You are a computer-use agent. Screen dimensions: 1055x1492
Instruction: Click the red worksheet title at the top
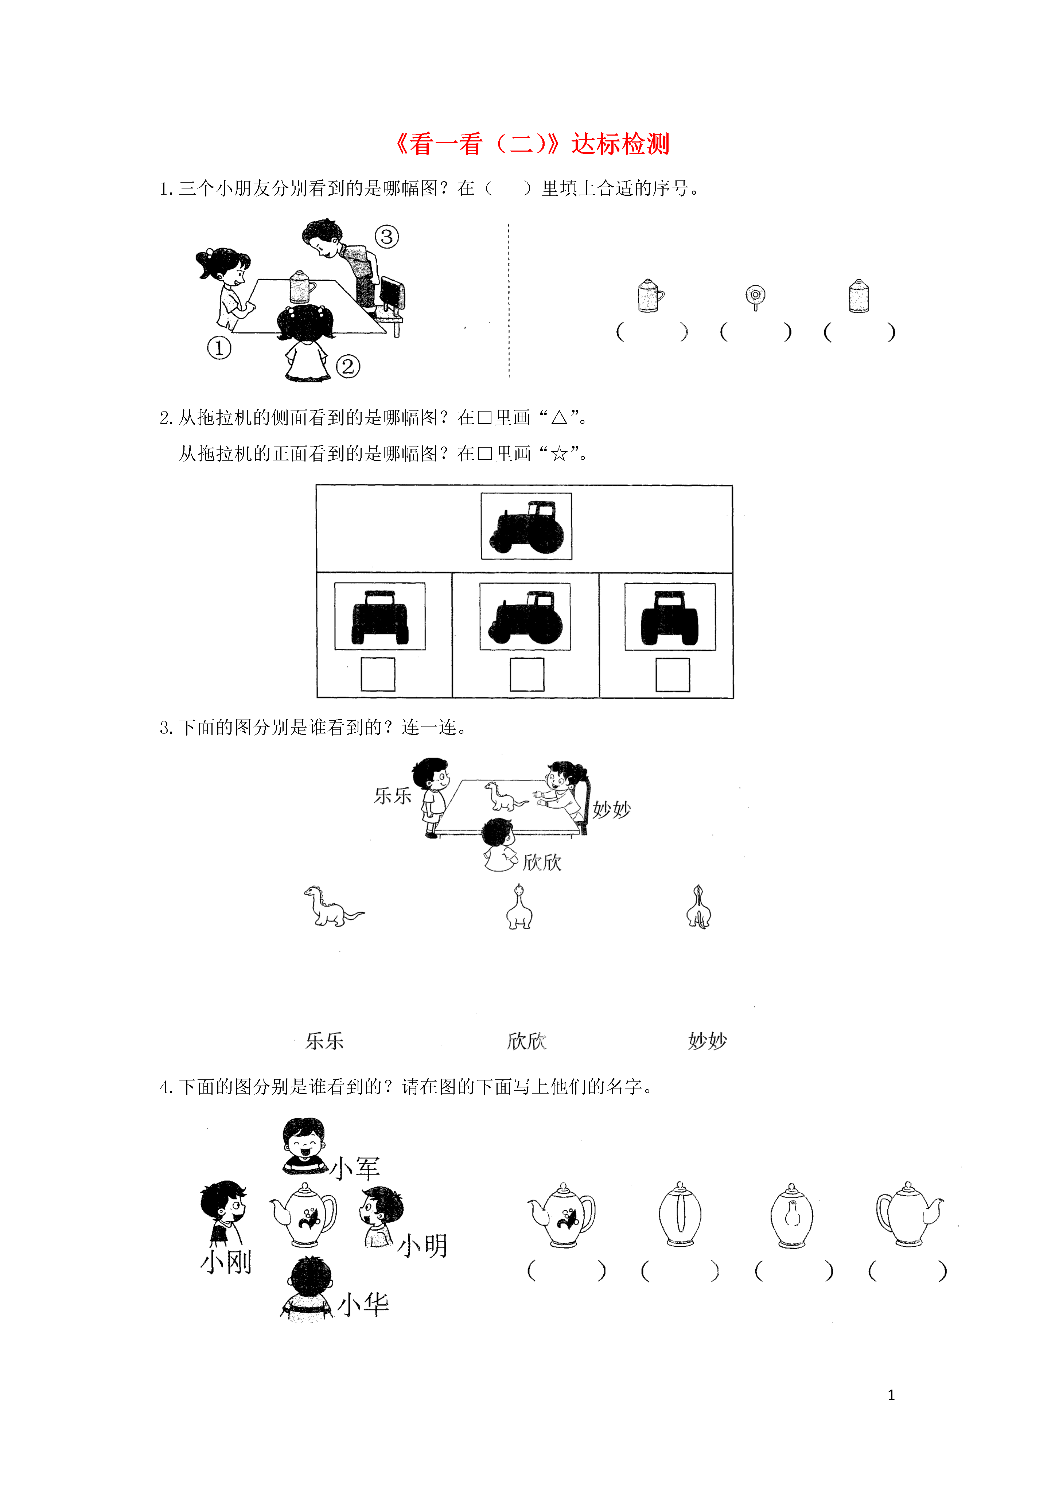pyautogui.click(x=532, y=144)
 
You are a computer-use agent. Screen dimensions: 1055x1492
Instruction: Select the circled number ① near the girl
pyautogui.click(x=219, y=348)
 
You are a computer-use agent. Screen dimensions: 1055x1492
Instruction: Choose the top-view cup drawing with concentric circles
pyautogui.click(x=755, y=297)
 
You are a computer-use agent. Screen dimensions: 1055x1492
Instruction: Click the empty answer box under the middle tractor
pyautogui.click(x=526, y=674)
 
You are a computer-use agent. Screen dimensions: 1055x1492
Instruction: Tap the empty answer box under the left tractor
pyautogui.click(x=378, y=674)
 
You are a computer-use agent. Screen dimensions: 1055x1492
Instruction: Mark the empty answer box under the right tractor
pyautogui.click(x=673, y=674)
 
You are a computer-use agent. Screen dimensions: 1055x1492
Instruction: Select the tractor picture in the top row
pyautogui.click(x=526, y=526)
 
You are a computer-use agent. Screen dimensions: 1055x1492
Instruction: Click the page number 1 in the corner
pyautogui.click(x=891, y=1395)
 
